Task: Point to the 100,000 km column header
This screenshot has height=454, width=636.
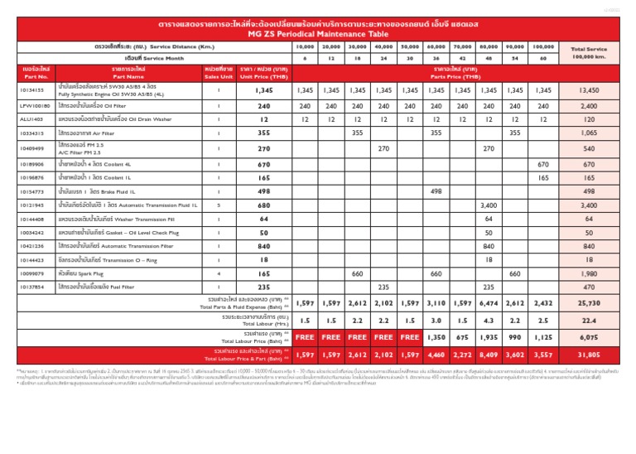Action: [543, 47]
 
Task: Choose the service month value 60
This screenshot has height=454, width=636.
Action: [543, 59]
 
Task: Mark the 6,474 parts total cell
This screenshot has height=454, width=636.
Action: [489, 304]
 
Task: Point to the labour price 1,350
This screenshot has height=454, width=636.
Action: [436, 338]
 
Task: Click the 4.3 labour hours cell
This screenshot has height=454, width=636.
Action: [489, 321]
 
